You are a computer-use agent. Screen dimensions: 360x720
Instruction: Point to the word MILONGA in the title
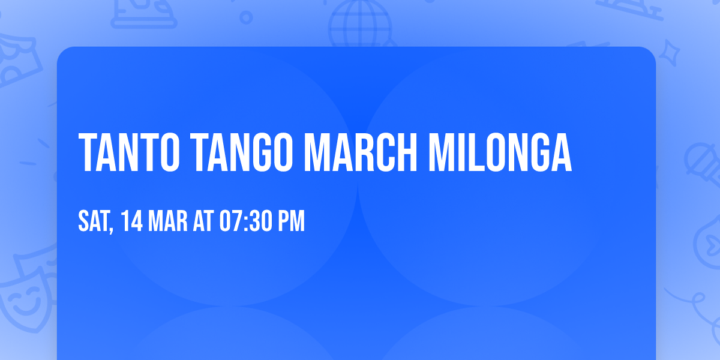point(500,153)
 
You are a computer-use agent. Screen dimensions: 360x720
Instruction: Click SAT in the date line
point(93,221)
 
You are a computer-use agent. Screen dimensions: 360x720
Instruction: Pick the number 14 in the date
point(132,221)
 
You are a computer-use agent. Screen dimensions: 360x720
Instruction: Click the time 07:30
point(248,221)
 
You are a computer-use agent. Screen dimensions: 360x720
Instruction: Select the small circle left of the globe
point(245,17)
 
